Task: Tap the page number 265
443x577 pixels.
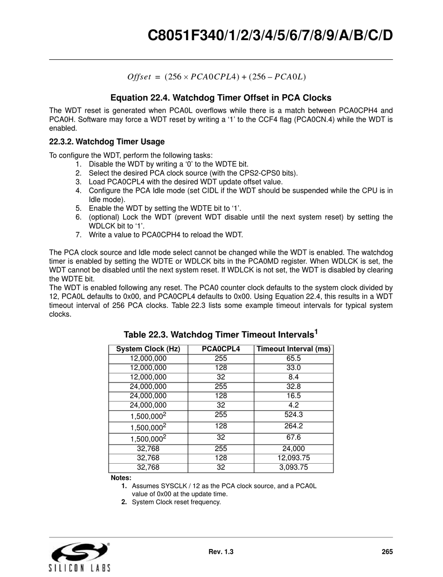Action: tap(387, 552)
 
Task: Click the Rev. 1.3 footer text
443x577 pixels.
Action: tap(221, 552)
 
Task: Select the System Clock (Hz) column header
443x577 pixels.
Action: tap(148, 349)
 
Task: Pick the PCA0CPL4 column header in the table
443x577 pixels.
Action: tap(221, 349)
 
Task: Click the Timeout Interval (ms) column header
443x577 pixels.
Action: tap(293, 349)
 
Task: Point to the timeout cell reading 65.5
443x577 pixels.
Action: tap(293, 358)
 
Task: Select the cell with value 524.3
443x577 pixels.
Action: tap(293, 415)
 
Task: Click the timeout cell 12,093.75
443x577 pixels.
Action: tap(293, 458)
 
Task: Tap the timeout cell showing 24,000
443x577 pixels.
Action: tap(293, 448)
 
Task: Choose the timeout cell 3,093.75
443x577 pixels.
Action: tap(293, 467)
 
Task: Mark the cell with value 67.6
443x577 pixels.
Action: tap(293, 438)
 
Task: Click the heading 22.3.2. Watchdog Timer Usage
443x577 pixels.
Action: tap(107, 141)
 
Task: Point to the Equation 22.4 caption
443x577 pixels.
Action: tap(221, 98)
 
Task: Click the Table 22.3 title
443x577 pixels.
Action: tap(221, 334)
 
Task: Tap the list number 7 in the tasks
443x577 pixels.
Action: tap(78, 235)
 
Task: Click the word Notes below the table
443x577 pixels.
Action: tap(121, 478)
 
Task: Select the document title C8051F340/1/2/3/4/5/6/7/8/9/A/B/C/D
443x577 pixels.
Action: tap(270, 35)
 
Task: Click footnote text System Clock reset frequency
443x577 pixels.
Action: tap(176, 502)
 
